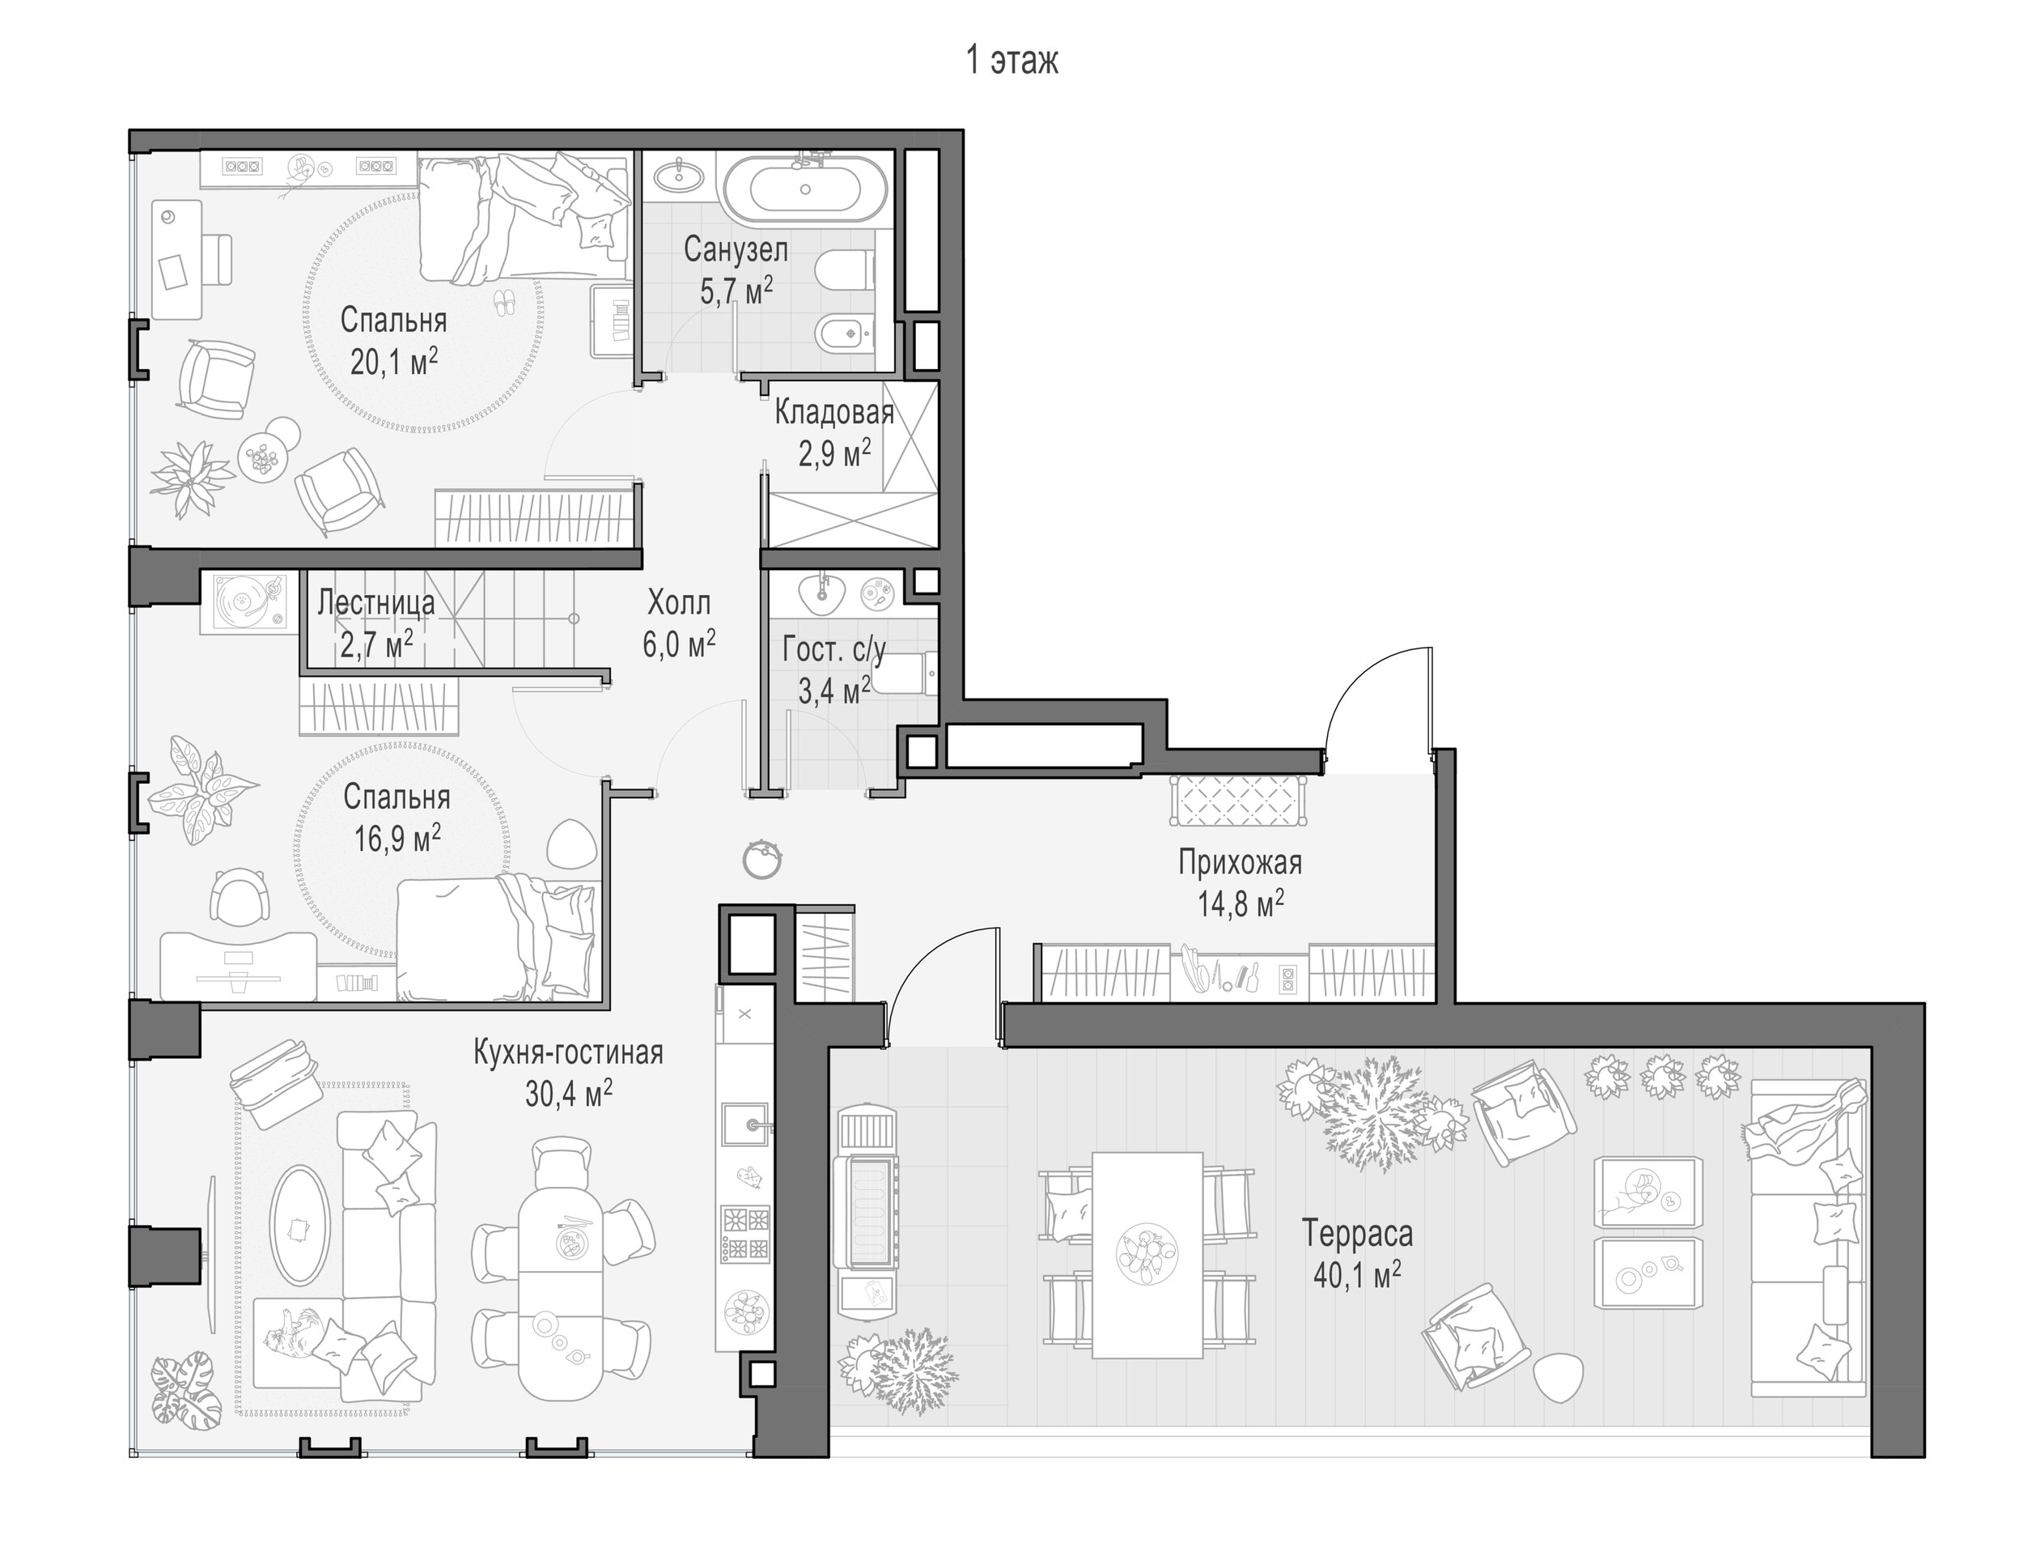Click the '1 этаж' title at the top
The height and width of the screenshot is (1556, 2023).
pos(1012,62)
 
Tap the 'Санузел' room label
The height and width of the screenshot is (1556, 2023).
pos(736,249)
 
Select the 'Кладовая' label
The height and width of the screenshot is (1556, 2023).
pos(834,412)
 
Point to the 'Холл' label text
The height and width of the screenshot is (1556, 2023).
pos(679,603)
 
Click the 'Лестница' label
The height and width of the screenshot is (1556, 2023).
pos(376,603)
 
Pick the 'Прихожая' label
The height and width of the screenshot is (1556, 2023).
pos(1240,862)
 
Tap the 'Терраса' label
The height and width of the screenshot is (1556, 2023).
pos(1357,1234)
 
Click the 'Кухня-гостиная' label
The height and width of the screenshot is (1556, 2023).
pos(569,1053)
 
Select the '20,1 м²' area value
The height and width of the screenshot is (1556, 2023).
pos(393,361)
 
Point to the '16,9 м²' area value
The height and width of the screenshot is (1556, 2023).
pos(397,838)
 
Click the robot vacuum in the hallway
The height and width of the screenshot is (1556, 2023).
pos(762,859)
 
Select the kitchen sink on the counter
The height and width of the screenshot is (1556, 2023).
pos(746,1125)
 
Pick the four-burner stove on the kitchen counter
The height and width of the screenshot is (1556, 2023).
pos(745,1233)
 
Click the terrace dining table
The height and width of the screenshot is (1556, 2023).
pos(1147,1255)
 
